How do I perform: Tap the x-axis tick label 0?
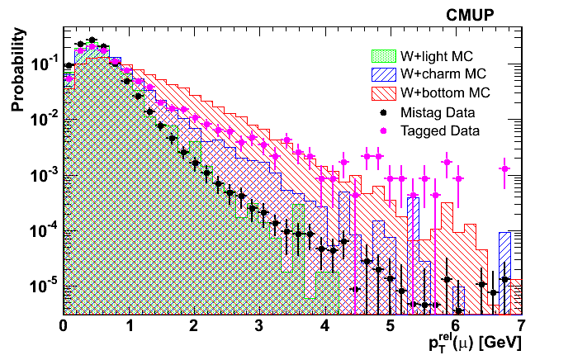click(64, 324)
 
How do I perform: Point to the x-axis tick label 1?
click(129, 324)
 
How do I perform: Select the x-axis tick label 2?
click(194, 324)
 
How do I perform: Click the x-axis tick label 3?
click(259, 324)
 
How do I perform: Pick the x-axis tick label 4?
click(324, 324)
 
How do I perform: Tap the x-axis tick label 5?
click(391, 324)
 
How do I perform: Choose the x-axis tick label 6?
click(456, 324)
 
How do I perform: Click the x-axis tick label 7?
click(520, 324)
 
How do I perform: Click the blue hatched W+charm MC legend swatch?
click(381, 74)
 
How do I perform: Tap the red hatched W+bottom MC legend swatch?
click(381, 92)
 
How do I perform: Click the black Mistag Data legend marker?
click(382, 111)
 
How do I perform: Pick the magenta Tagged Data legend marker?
click(382, 130)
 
